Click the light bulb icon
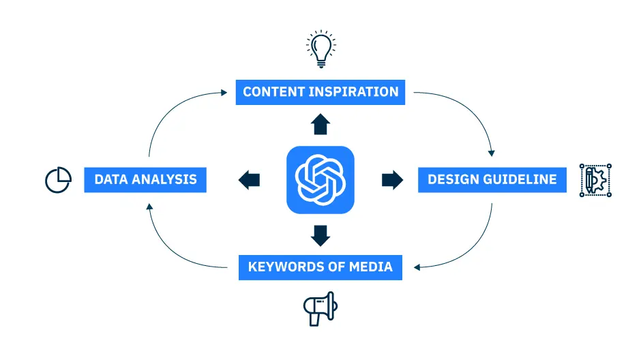[321, 48]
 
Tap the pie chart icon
[58, 180]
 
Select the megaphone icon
[320, 308]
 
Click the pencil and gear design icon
[595, 180]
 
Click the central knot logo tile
[320, 180]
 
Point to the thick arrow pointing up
[320, 124]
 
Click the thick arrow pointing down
[320, 236]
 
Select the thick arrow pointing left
[249, 180]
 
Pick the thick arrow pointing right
[393, 180]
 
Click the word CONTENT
[273, 92]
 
